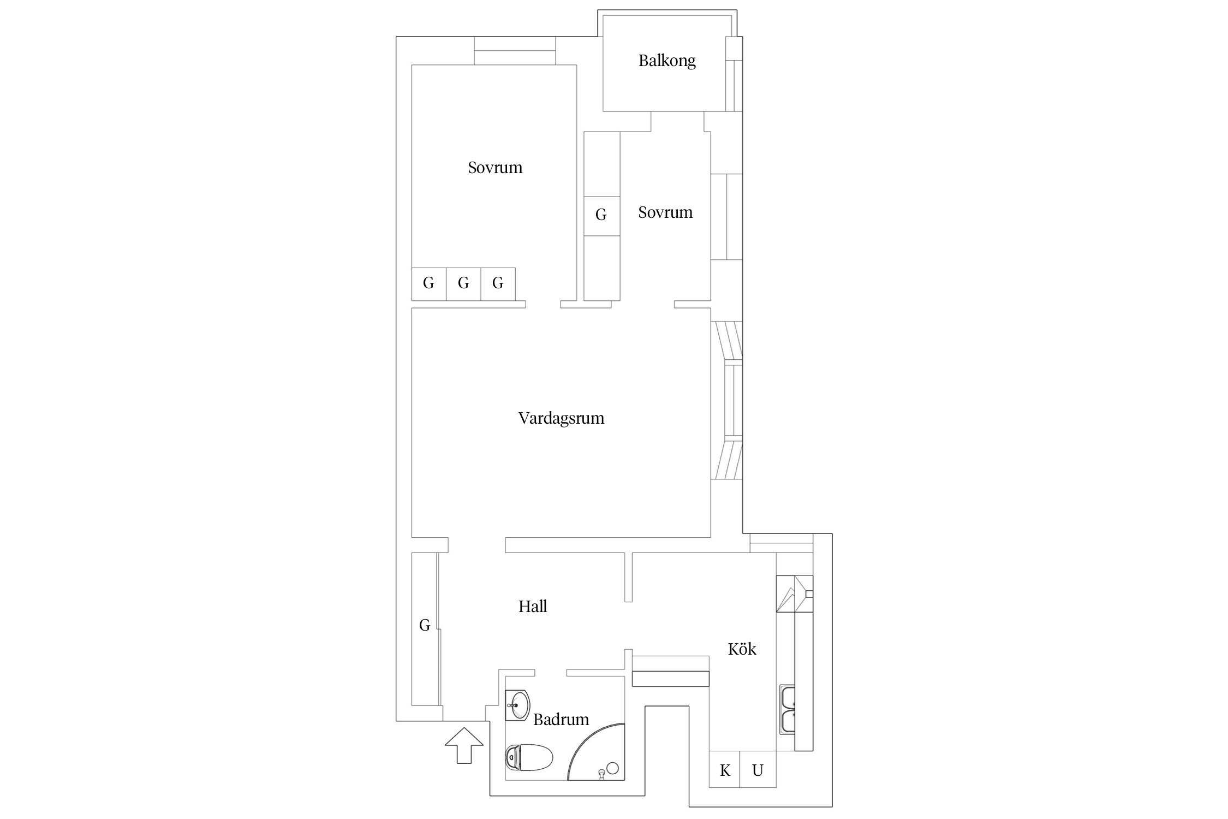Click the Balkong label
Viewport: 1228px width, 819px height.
(x=667, y=61)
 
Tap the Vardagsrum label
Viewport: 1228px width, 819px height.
(x=561, y=418)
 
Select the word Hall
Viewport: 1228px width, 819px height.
(x=533, y=606)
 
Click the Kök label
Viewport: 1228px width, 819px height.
(x=742, y=649)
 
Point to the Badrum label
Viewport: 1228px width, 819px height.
(x=561, y=719)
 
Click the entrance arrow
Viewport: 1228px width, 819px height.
(x=464, y=745)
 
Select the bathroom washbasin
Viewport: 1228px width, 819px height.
(x=517, y=705)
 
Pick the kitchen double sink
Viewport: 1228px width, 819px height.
(x=787, y=709)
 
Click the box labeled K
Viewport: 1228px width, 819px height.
(x=725, y=770)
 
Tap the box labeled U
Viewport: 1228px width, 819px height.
(x=758, y=770)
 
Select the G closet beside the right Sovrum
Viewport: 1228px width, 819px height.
(x=601, y=216)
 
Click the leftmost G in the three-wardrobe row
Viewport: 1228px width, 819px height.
(x=429, y=283)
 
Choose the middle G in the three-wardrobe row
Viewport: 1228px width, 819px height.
(x=463, y=283)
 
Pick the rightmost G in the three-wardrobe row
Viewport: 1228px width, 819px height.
(x=498, y=283)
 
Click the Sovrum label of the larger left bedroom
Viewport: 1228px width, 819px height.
(x=495, y=168)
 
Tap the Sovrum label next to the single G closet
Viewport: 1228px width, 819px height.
(x=665, y=212)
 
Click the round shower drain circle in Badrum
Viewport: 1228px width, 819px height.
(x=612, y=768)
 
